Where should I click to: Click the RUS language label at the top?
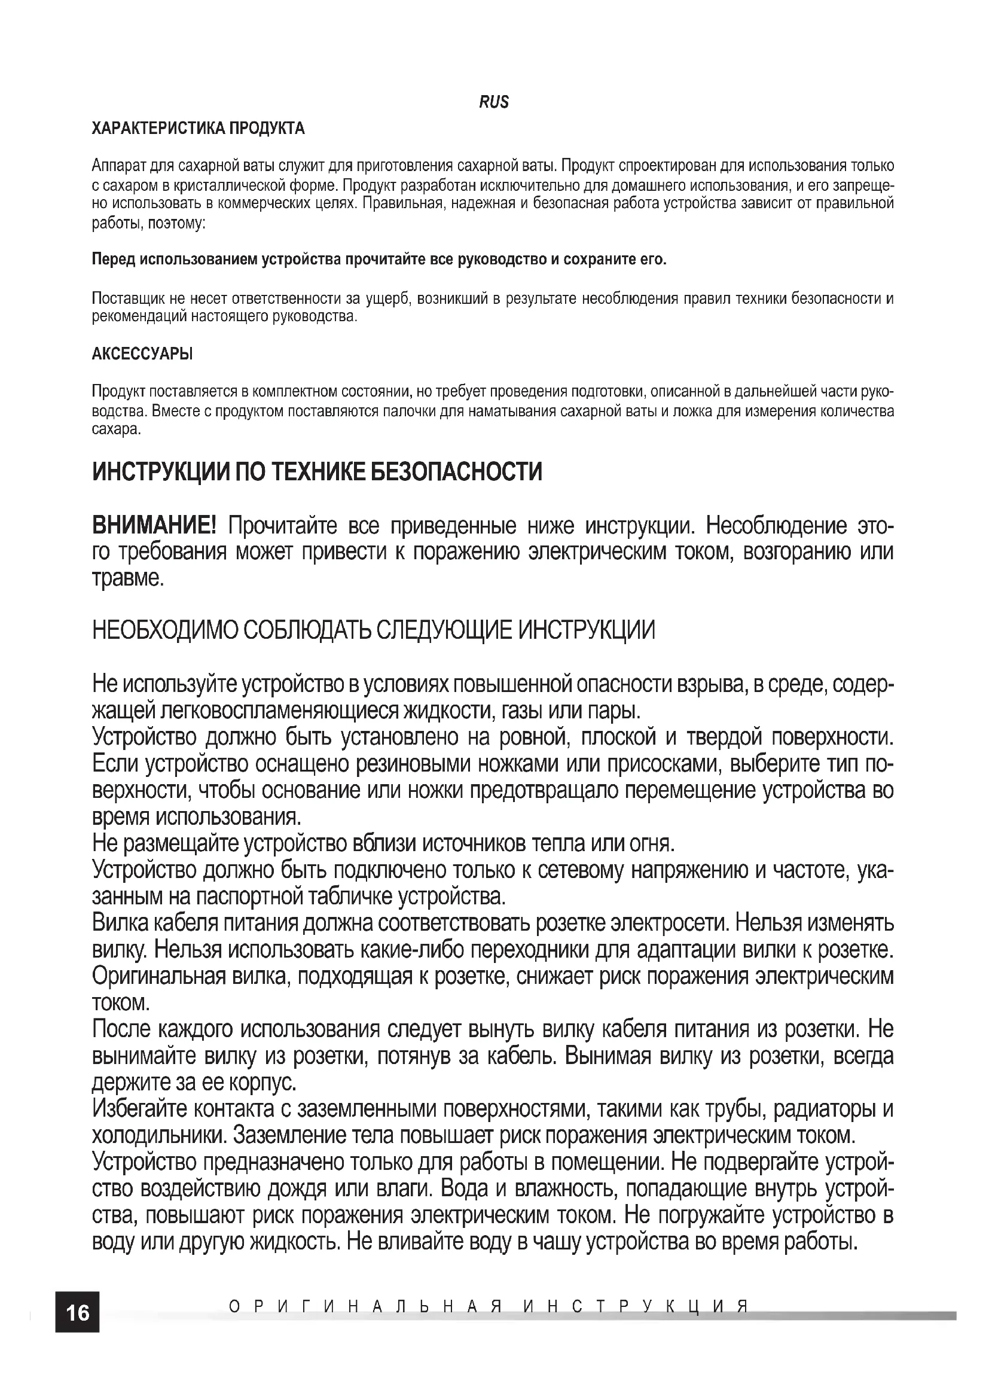(x=493, y=102)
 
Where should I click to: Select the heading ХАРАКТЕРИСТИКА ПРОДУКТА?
(x=198, y=129)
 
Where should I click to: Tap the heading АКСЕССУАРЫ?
(x=142, y=354)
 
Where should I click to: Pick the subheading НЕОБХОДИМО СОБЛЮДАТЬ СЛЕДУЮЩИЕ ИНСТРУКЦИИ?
(x=373, y=630)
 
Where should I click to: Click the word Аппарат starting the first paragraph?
(x=118, y=166)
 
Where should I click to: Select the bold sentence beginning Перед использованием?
(x=378, y=260)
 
